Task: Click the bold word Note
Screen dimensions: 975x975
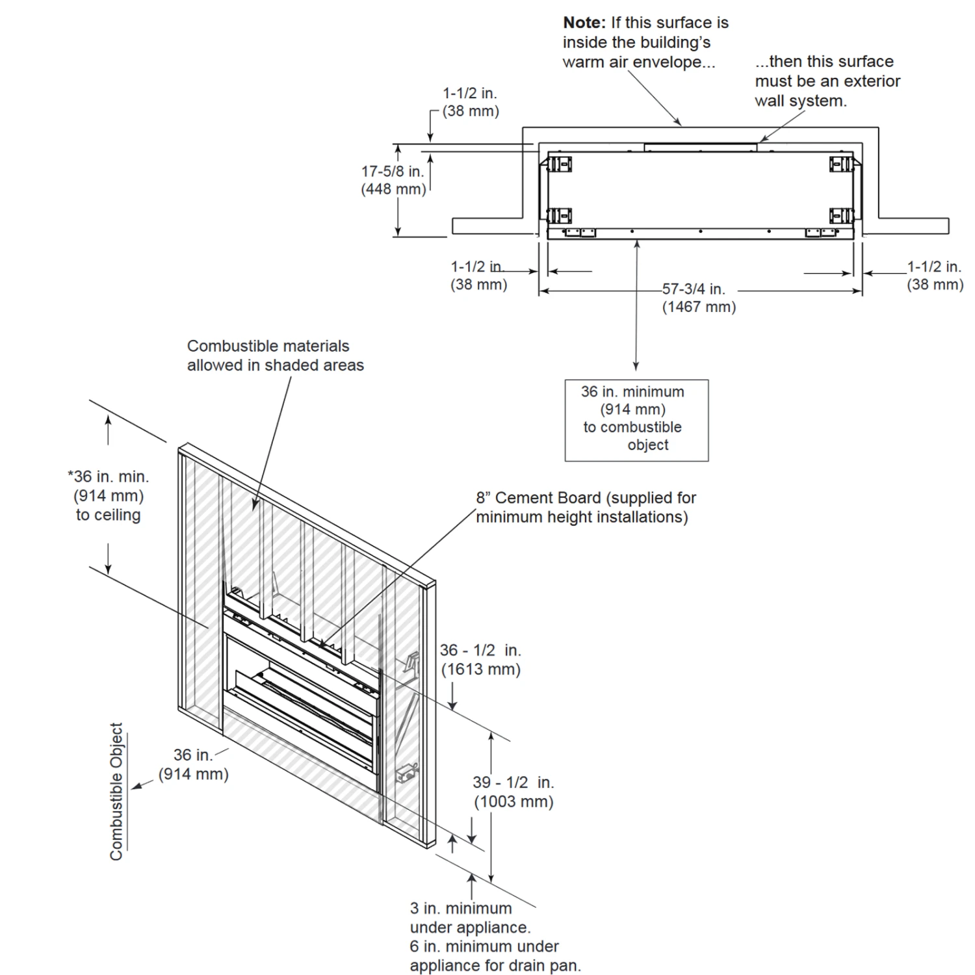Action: point(584,23)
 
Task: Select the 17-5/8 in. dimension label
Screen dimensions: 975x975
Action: point(393,172)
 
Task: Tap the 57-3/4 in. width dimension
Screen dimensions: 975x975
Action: point(693,289)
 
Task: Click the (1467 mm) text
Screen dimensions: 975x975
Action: point(699,307)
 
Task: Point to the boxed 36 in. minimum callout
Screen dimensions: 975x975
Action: point(636,420)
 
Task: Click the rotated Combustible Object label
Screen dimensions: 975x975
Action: point(116,792)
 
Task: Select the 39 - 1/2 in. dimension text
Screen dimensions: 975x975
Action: point(513,783)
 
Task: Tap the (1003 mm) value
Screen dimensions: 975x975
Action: point(513,801)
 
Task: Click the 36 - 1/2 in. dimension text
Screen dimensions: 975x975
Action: point(480,651)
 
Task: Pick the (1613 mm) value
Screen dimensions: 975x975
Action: point(481,669)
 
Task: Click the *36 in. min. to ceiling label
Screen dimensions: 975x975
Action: point(109,495)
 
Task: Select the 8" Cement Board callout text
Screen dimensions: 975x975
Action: point(585,507)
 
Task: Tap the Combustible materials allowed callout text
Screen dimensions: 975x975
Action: point(275,356)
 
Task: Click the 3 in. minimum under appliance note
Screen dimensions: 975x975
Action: point(469,918)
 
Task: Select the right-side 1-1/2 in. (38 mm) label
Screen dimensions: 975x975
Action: point(935,275)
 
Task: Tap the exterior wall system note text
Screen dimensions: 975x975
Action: point(827,81)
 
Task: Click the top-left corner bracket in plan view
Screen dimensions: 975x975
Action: point(559,164)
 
